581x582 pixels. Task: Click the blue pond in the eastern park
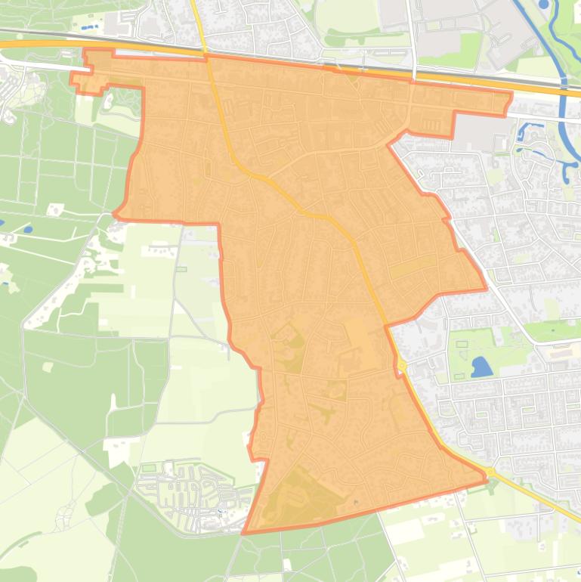click(481, 367)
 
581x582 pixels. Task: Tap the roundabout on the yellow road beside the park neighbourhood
click(402, 366)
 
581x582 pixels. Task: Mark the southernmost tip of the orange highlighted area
click(243, 533)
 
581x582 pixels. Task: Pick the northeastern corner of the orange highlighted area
click(511, 94)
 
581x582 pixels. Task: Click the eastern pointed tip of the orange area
click(485, 288)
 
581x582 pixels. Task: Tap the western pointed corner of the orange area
click(115, 215)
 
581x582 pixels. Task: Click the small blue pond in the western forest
click(28, 229)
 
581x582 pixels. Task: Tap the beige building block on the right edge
click(566, 351)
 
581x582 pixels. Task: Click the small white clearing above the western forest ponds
click(55, 209)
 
